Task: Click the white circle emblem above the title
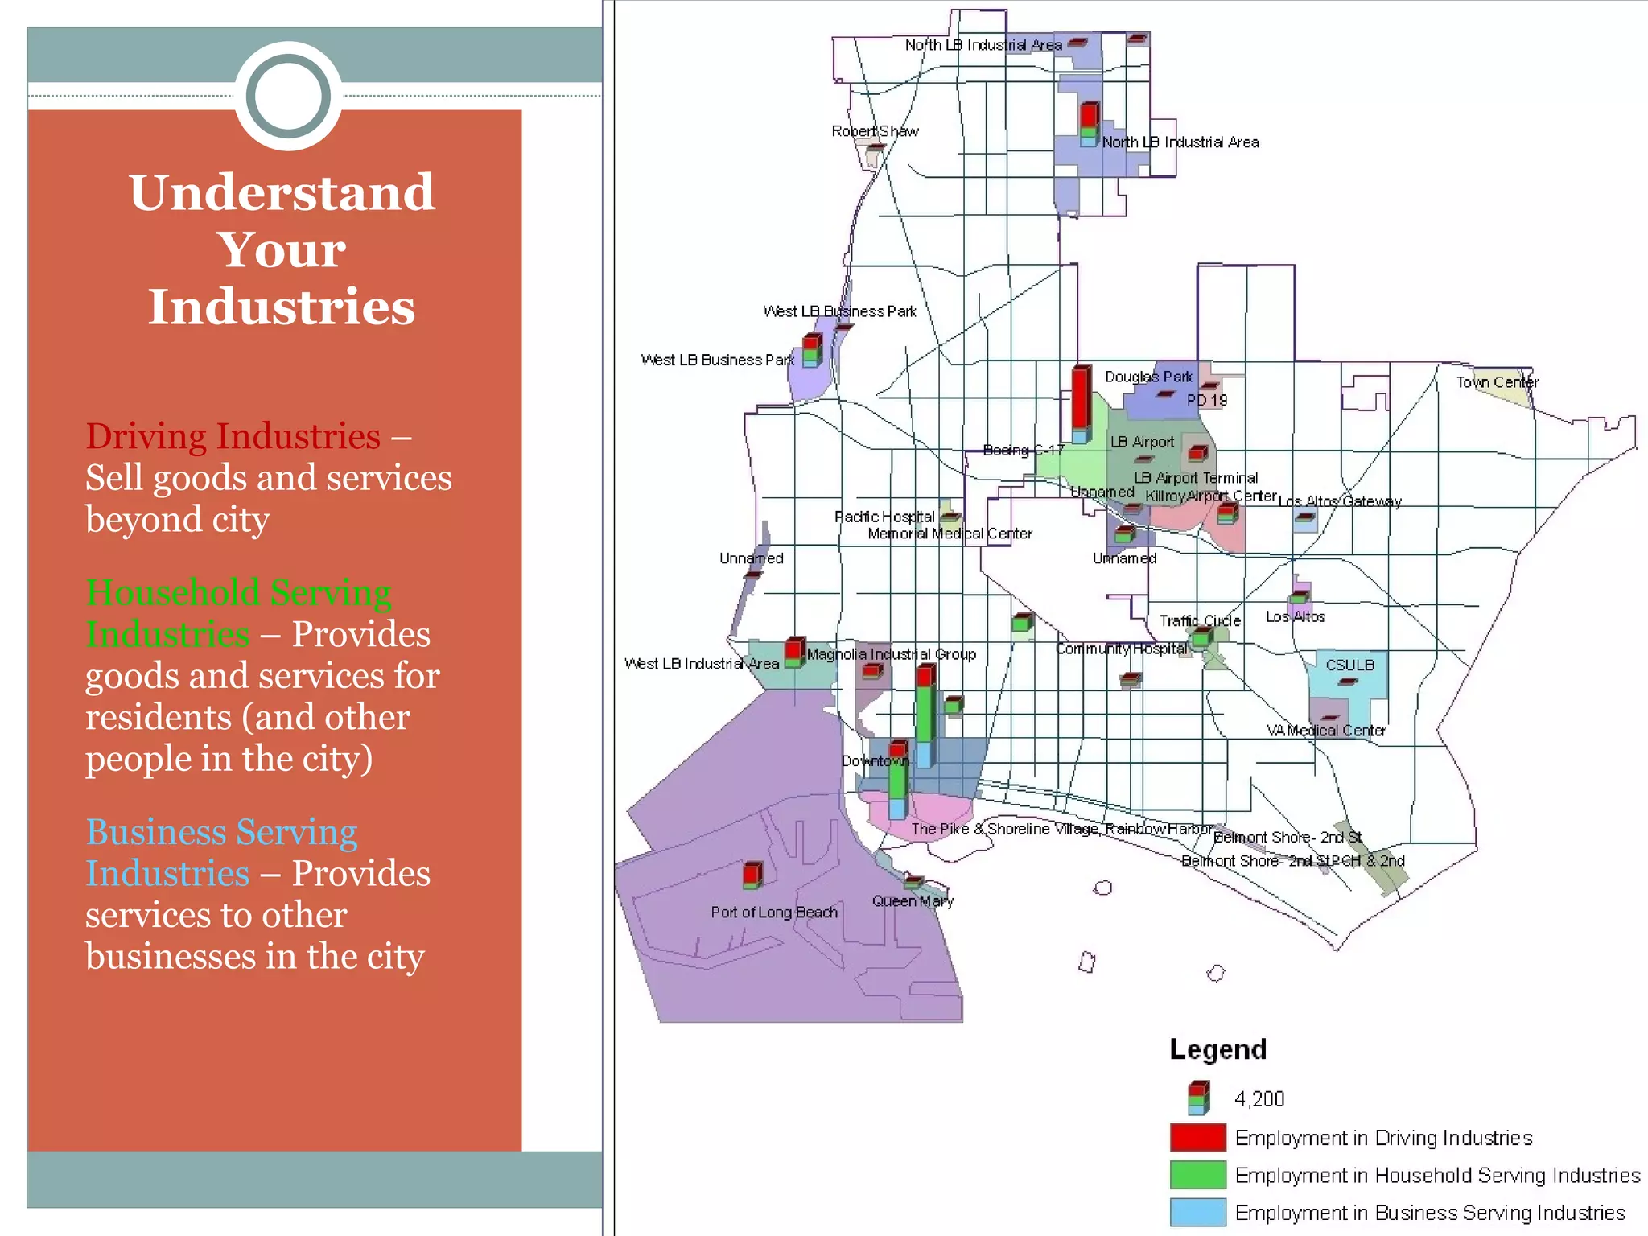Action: coord(288,96)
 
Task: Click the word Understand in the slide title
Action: coord(282,193)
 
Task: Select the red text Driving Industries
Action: coord(233,436)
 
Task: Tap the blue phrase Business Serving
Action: coord(222,832)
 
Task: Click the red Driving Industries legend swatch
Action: coord(1198,1138)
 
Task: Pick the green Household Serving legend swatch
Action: coord(1198,1175)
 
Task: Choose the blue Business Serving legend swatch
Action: coord(1198,1212)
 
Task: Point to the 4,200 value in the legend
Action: coord(1259,1099)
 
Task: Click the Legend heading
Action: coord(1217,1049)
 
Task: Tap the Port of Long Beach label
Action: coord(774,913)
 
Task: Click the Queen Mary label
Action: coord(913,901)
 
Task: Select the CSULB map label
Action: coord(1349,665)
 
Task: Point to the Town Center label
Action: coord(1497,382)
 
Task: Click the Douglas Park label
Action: coord(1148,377)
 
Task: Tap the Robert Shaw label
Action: coord(875,131)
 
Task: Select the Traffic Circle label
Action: coord(1200,621)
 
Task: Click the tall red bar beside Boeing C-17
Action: coord(1081,400)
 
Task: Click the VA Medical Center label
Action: coord(1326,731)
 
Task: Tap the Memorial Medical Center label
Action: coord(950,534)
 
